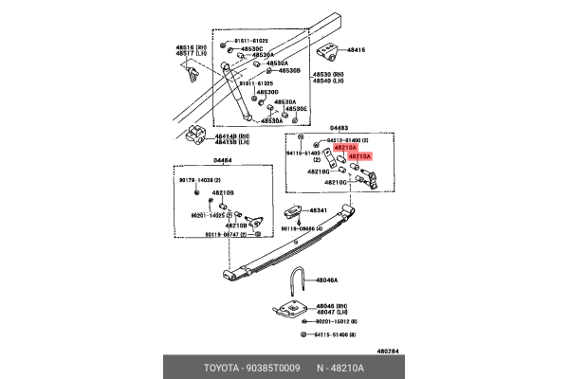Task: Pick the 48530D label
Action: [x=265, y=92]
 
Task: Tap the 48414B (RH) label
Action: [x=230, y=135]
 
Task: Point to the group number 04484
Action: [x=223, y=161]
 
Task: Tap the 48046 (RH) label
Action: [x=332, y=305]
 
